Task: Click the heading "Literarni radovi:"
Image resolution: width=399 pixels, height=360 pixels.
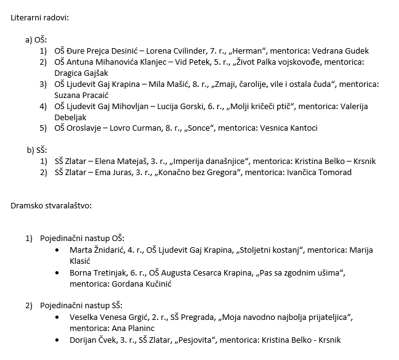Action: (x=39, y=17)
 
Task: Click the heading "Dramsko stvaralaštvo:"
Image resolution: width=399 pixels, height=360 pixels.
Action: (x=51, y=205)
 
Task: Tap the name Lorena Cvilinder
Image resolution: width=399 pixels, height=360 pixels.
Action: (x=177, y=51)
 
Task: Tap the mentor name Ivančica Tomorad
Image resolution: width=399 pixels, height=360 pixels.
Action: (x=320, y=173)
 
